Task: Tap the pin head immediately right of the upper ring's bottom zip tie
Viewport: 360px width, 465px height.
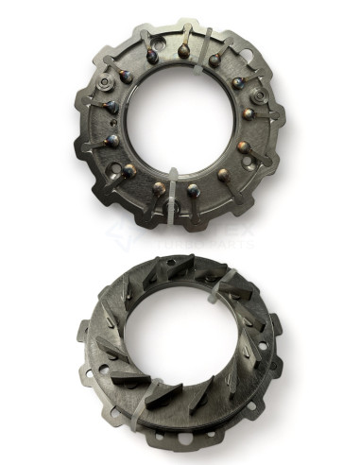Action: pos(193,190)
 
